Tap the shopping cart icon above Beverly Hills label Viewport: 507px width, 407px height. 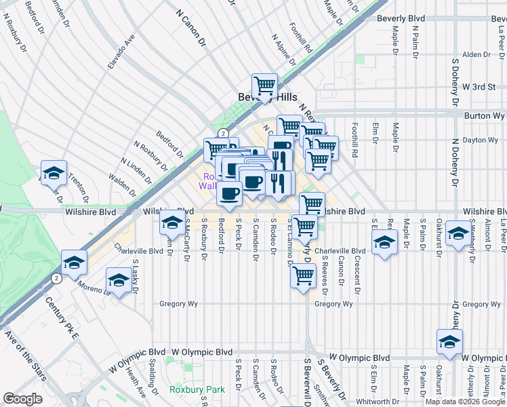pos(264,86)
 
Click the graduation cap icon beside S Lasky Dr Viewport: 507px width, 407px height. pos(119,280)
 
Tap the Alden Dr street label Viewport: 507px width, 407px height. pos(475,55)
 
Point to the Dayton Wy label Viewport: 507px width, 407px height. pos(480,140)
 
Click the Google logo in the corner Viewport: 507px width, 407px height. pos(22,399)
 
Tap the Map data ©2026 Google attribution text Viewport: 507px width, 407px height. pos(465,402)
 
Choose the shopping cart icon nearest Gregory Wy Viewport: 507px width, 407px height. pos(303,275)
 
